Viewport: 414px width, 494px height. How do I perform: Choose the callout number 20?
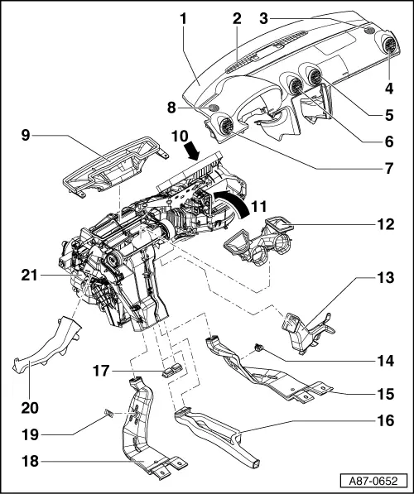(x=29, y=407)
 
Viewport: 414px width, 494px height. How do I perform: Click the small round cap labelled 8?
(x=214, y=108)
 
